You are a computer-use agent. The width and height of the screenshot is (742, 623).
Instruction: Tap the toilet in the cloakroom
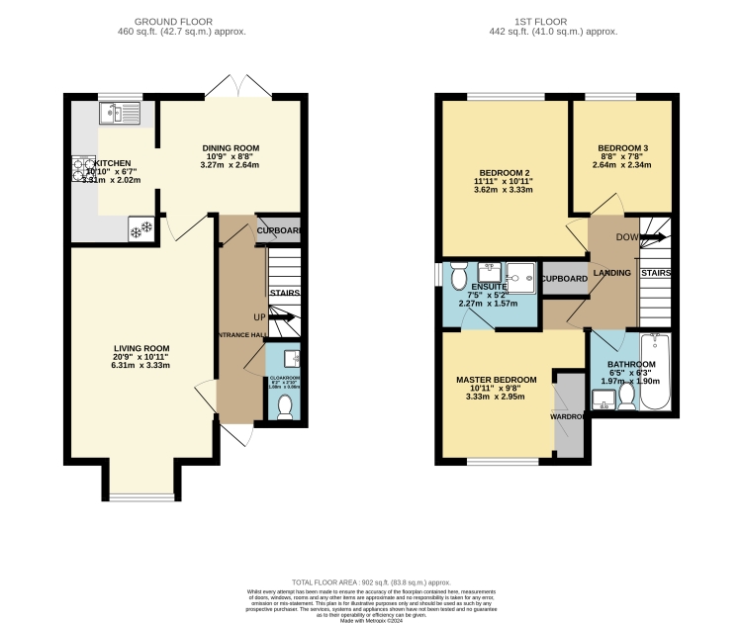click(285, 405)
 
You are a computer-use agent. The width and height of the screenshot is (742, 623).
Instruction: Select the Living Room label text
click(141, 349)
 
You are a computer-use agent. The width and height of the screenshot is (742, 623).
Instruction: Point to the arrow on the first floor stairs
click(651, 237)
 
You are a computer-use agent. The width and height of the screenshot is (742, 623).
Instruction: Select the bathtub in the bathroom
click(656, 372)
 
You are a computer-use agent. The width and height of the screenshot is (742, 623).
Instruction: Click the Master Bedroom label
click(496, 380)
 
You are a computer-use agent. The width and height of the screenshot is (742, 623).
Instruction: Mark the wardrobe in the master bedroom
click(569, 416)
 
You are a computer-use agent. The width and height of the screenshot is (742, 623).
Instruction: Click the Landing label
click(611, 273)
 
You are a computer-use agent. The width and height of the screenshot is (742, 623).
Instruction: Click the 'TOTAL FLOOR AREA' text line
click(371, 583)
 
